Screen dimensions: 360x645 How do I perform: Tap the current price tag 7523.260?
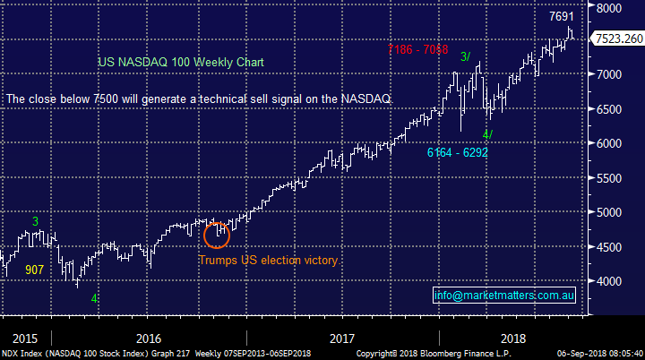pos(617,39)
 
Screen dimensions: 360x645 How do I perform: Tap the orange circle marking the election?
pos(218,235)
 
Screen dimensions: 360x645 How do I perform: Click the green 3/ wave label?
pos(466,56)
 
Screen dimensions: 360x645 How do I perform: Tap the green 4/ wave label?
pos(487,134)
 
